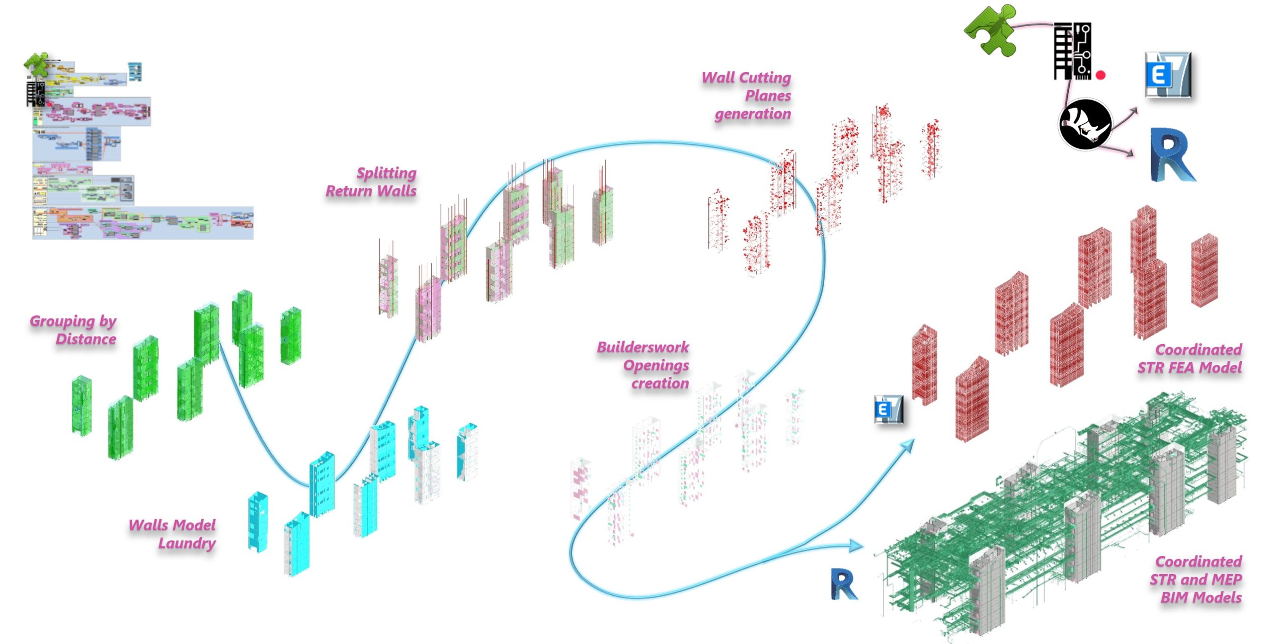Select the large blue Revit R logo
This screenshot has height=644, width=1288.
point(1172,155)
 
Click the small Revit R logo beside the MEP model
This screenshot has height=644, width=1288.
point(843,584)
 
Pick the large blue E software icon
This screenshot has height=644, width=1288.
point(1167,75)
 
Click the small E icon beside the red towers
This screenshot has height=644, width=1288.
point(889,410)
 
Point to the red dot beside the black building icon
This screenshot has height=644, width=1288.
point(1100,75)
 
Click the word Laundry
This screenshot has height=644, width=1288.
point(187,543)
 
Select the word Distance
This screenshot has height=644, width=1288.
point(86,339)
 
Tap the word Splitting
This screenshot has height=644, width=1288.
point(386,173)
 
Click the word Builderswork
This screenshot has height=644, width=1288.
point(643,347)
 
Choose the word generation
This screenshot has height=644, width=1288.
point(753,114)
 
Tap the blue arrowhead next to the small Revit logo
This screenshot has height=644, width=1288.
point(856,545)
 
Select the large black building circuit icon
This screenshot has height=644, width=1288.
point(1072,51)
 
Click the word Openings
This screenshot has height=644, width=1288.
point(656,365)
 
